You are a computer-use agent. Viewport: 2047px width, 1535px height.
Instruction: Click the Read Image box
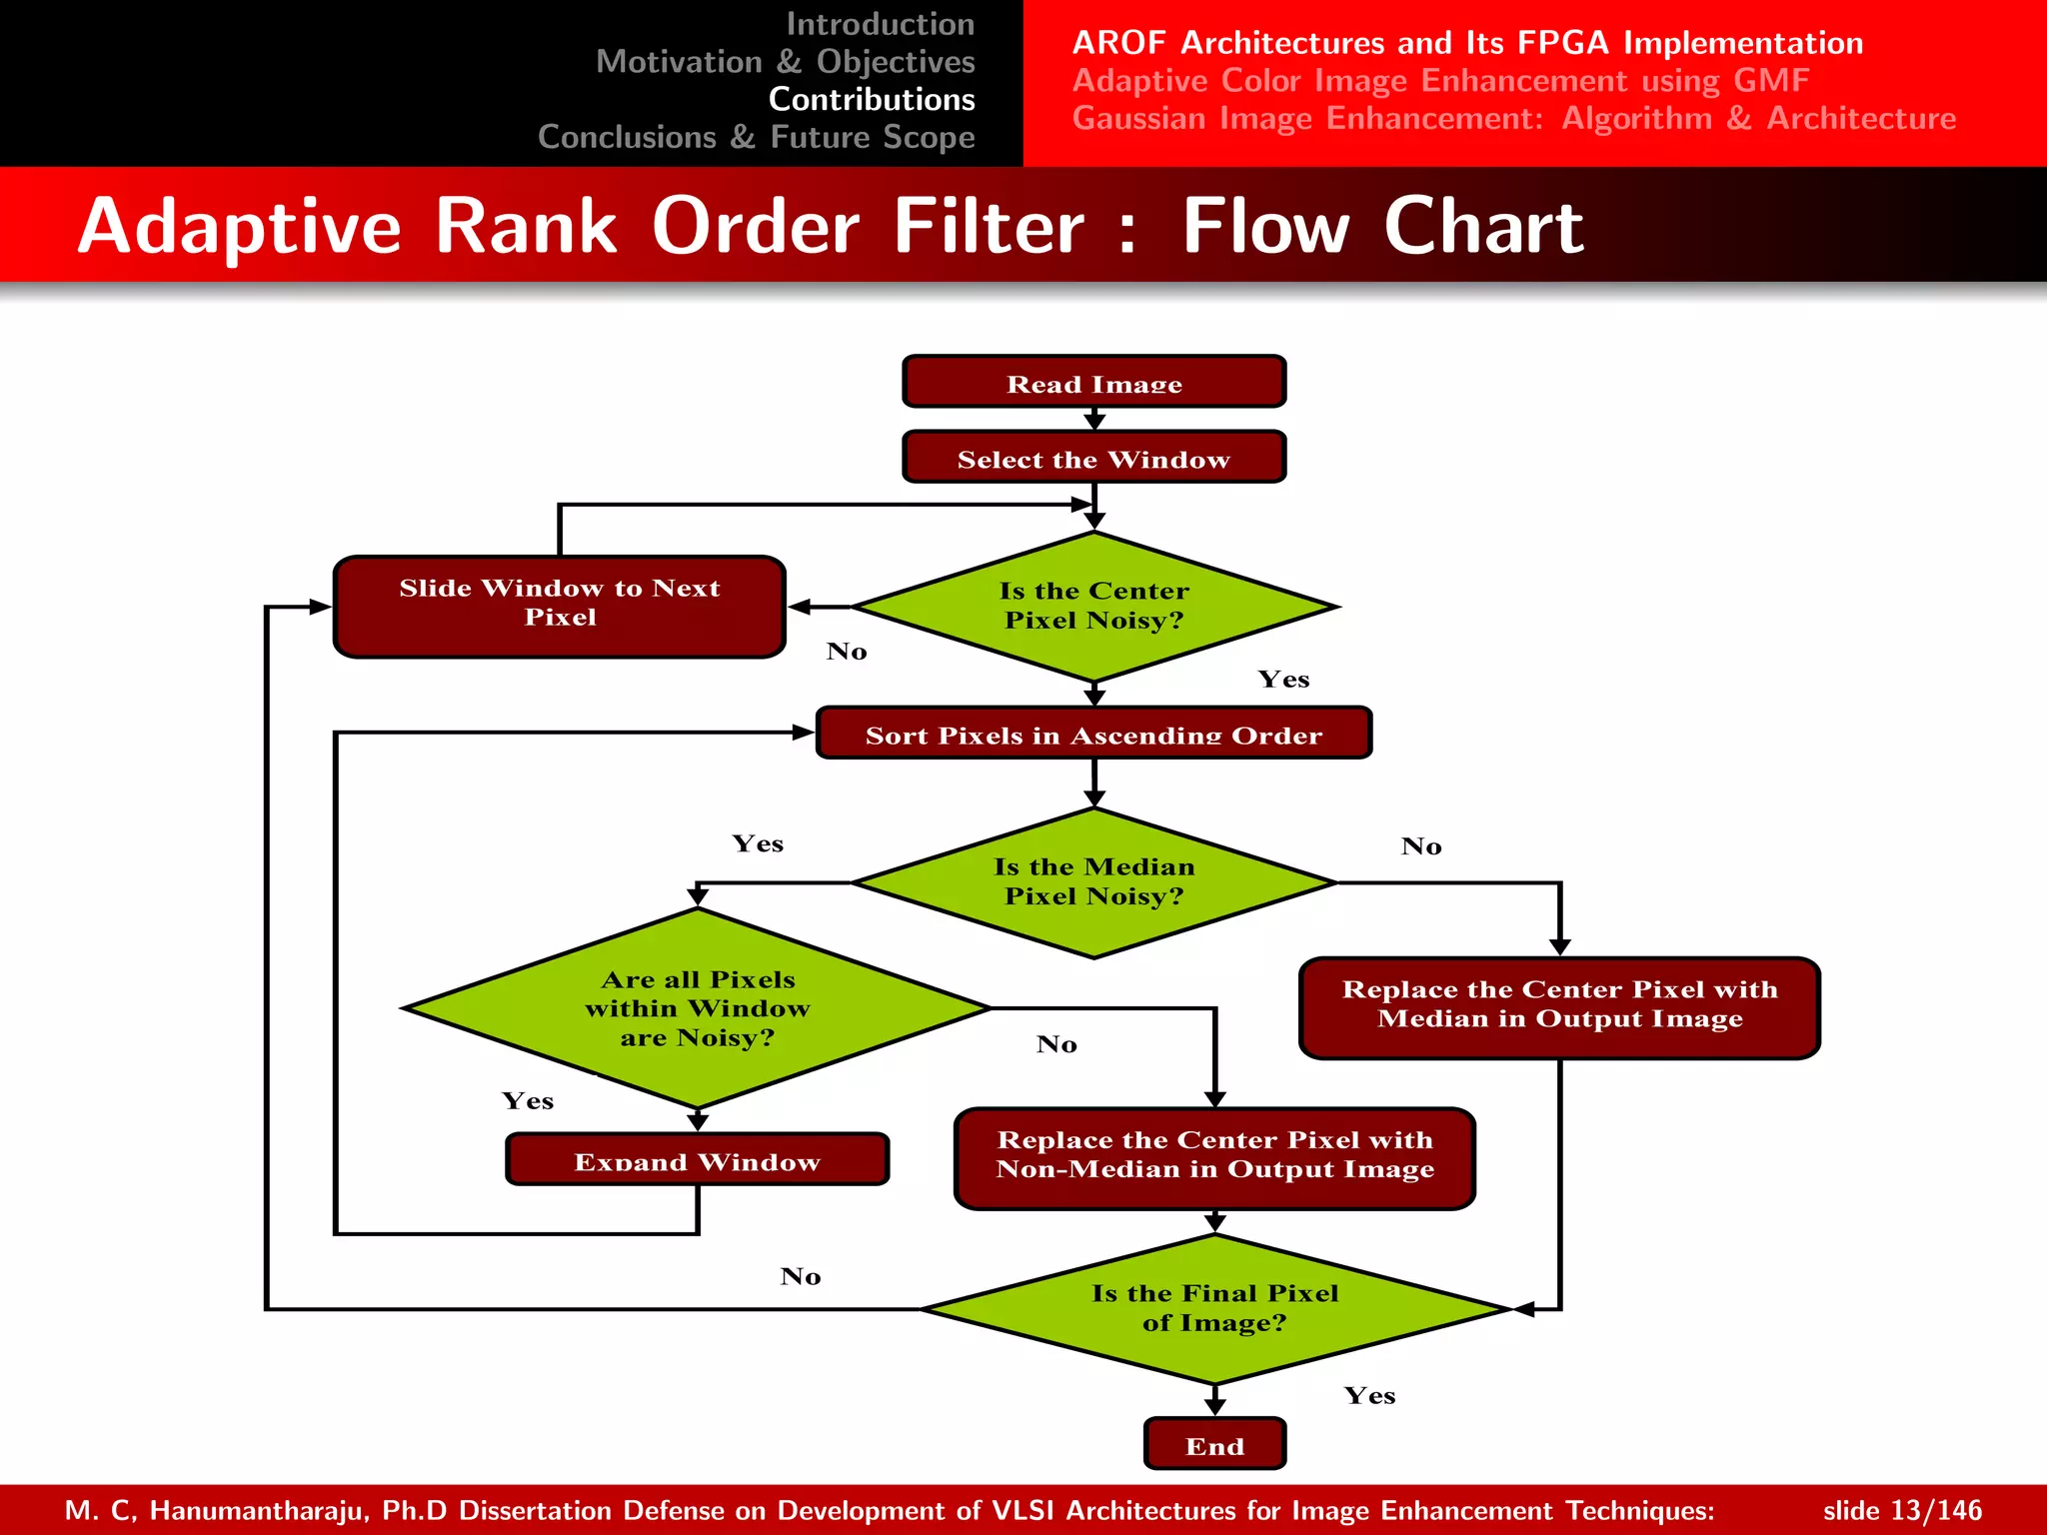point(1093,383)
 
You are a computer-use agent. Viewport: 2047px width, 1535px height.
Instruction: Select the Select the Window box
point(1093,459)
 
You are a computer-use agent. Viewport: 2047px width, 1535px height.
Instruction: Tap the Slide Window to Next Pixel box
point(559,606)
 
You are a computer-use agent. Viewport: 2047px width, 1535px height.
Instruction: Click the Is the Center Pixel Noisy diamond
point(1093,606)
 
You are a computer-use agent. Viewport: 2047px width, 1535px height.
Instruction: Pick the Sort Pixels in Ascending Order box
point(1093,735)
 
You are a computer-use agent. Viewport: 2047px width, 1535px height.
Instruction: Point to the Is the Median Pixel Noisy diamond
point(1093,882)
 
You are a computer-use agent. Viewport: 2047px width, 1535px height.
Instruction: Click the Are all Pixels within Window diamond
point(698,1008)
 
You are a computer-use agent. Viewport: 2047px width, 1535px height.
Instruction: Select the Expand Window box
point(697,1160)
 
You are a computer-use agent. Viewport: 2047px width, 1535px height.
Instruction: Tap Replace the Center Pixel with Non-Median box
point(1214,1157)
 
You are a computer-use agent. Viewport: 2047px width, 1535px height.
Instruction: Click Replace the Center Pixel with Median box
point(1559,1006)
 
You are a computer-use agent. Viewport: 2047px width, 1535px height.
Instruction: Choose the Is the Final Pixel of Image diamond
point(1214,1308)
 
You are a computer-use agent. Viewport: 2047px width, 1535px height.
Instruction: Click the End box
point(1214,1445)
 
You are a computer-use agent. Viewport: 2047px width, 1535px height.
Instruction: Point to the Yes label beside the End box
point(1369,1396)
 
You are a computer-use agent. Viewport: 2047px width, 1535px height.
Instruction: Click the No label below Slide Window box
point(847,652)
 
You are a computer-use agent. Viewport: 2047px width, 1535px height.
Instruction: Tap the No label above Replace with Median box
point(1420,846)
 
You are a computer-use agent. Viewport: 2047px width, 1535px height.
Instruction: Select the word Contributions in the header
point(872,99)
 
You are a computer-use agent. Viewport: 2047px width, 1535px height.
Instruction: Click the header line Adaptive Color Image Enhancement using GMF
point(1440,80)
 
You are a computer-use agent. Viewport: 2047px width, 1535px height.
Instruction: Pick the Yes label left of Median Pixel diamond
point(758,844)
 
